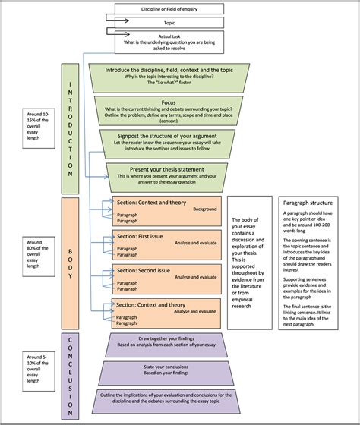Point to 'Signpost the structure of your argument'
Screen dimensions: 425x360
click(169, 134)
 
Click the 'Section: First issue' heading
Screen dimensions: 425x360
click(137, 235)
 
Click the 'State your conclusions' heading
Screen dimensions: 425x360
click(169, 370)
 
